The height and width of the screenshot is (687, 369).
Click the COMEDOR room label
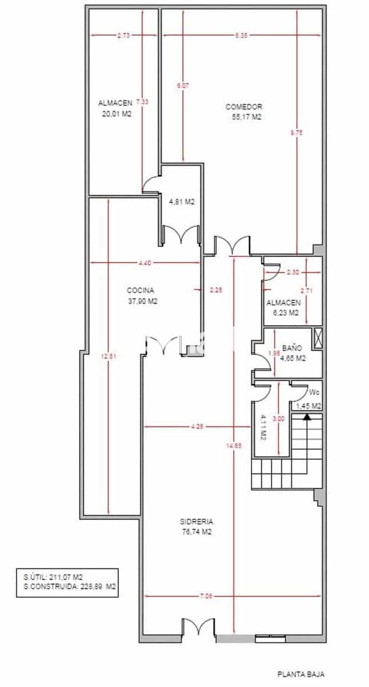244,107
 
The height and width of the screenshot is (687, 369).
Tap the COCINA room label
141,290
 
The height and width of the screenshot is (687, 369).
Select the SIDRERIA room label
196,522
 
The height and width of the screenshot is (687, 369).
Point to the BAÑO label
292,348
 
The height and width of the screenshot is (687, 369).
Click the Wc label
314,393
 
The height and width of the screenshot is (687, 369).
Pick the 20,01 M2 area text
115,113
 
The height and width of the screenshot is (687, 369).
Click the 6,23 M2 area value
285,313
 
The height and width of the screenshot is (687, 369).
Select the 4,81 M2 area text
181,202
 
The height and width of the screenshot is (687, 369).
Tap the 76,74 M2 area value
196,532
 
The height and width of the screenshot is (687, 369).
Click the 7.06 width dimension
206,596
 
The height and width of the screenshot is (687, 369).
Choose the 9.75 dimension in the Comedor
296,132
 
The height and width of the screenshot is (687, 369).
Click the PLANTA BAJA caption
301,675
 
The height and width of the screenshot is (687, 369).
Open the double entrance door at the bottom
199,627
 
